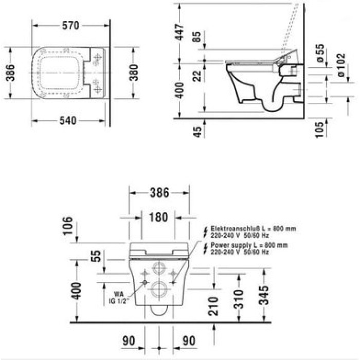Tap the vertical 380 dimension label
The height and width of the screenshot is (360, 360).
click(133, 73)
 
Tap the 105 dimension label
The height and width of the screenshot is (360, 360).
click(319, 129)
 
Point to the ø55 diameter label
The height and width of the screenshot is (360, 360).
click(319, 53)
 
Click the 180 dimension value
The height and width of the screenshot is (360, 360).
click(158, 217)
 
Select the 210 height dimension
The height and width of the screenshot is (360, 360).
click(215, 305)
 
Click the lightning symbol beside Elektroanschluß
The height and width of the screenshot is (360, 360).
click(206, 230)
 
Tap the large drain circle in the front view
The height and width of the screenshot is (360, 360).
click(158, 290)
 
